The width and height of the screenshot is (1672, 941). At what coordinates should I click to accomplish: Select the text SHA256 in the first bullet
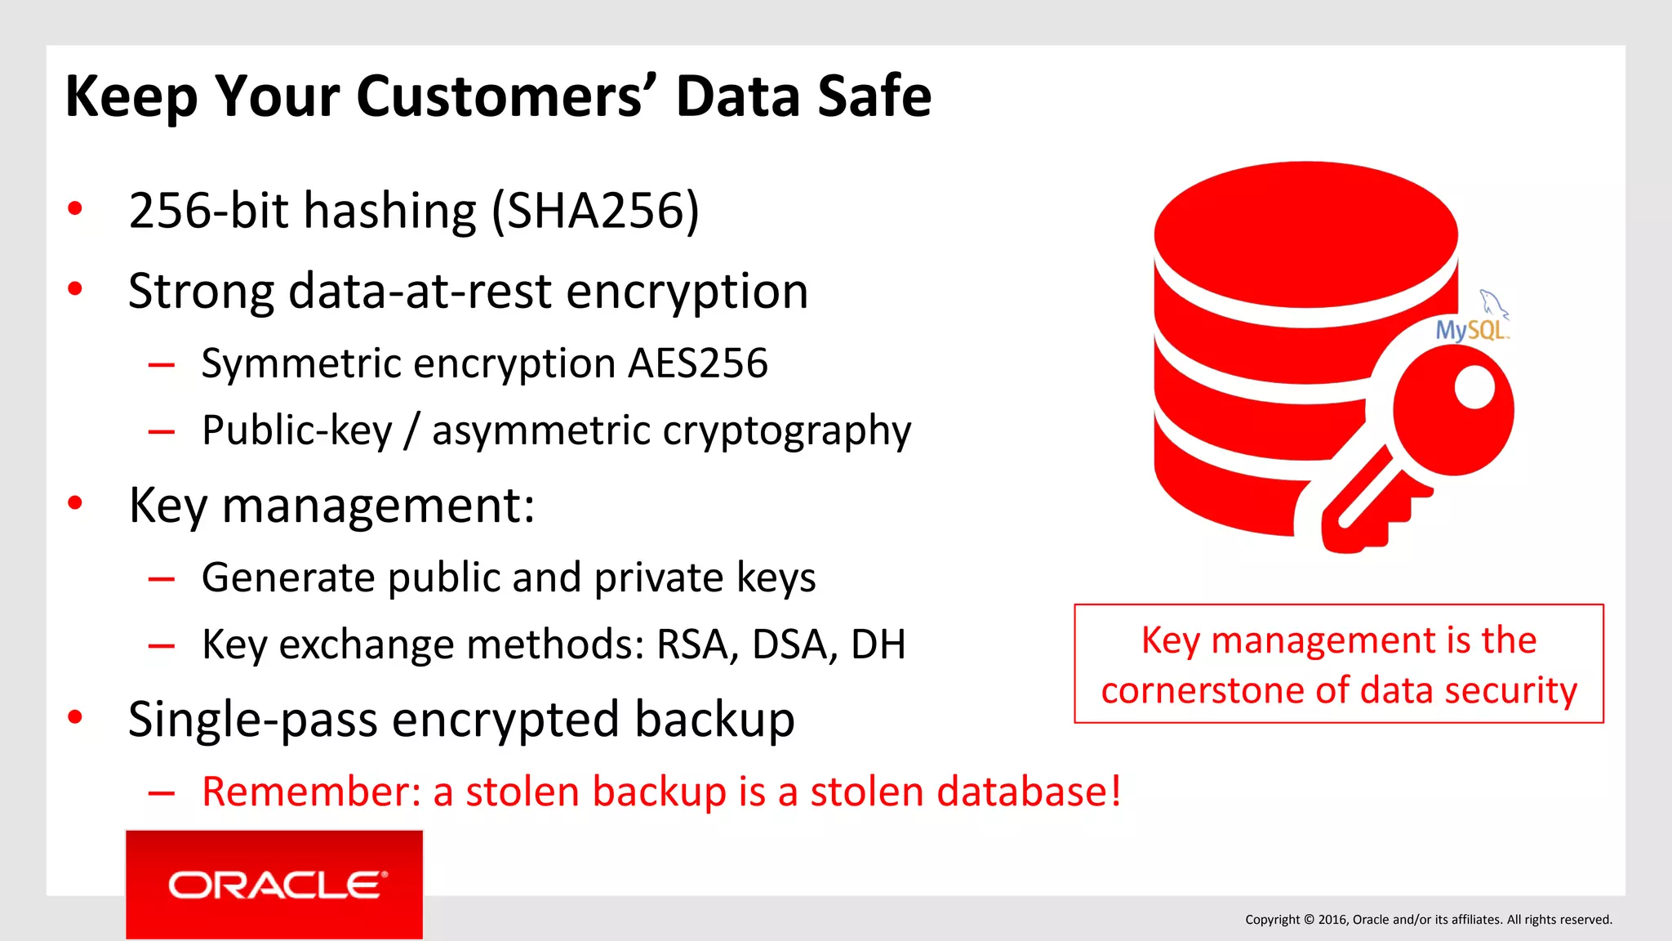(595, 211)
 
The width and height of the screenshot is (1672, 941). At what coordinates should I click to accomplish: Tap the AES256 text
(698, 363)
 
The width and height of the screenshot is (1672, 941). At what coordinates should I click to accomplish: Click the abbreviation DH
(878, 644)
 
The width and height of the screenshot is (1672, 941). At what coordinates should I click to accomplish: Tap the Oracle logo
(274, 885)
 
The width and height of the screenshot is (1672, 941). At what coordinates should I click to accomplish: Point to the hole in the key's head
(1474, 386)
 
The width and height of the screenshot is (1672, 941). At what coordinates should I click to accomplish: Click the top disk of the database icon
(1305, 233)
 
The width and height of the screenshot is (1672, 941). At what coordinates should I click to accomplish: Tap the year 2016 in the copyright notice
(1332, 920)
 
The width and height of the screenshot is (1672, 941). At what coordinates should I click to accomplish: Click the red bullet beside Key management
(75, 503)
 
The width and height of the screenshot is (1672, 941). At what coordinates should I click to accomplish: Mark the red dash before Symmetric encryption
(162, 364)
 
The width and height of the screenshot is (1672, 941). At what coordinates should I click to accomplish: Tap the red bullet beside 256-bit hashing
(75, 208)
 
